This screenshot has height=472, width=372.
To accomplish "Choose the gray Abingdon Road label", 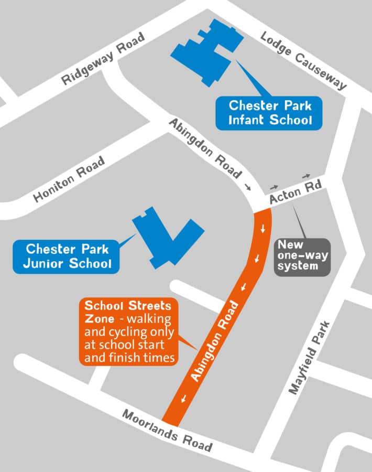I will (205, 148).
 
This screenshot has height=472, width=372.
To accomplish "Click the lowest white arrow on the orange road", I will (184, 399).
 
